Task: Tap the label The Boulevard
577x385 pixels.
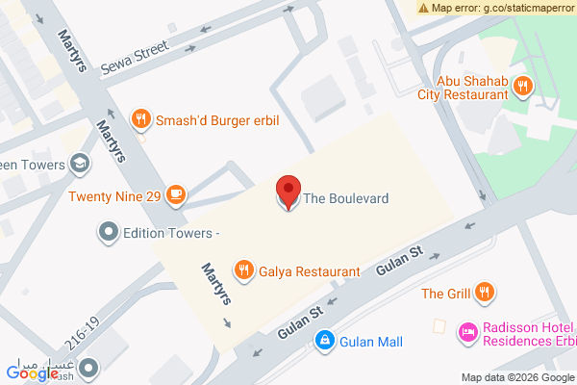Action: [x=346, y=198]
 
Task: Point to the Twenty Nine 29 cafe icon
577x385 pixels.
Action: [x=175, y=195]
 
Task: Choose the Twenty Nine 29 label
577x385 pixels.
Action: [x=114, y=196]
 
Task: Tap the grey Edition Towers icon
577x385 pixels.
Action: [x=109, y=232]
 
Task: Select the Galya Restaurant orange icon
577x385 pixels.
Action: [x=244, y=270]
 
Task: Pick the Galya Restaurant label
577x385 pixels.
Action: [x=309, y=271]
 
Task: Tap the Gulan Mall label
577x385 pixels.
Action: [x=371, y=342]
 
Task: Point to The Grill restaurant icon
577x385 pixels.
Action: [x=486, y=292]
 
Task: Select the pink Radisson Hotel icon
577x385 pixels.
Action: [x=467, y=331]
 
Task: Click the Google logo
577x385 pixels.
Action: [x=32, y=372]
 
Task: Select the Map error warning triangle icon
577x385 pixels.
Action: [x=423, y=8]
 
